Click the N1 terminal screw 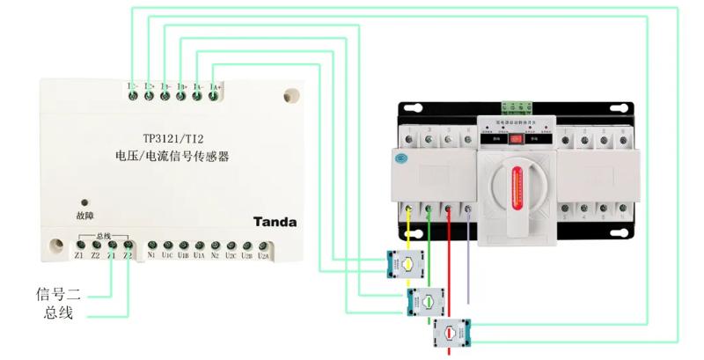(151, 245)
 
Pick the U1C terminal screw (167, 245)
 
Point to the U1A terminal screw (199, 245)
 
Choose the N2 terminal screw (215, 245)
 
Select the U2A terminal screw (262, 245)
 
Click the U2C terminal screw (231, 245)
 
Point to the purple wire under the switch (468, 264)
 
